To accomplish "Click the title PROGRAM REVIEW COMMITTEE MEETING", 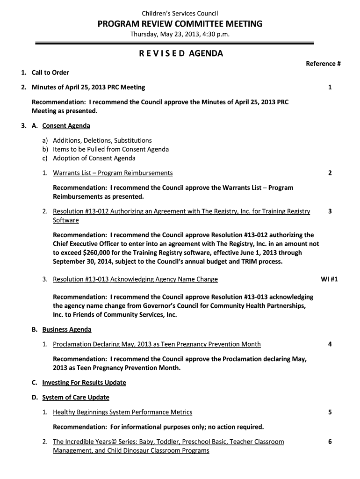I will click(x=180, y=24).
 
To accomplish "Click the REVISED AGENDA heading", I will click(x=180, y=53).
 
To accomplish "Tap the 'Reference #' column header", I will click(x=323, y=64).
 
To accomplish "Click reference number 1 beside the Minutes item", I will click(x=330, y=87).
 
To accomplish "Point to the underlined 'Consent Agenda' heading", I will click(x=66, y=126).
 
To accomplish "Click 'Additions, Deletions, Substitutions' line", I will click(x=102, y=140).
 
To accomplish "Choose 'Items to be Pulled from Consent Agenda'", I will click(x=111, y=149).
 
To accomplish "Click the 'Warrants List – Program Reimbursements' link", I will click(x=113, y=173).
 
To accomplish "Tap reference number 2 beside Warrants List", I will click(x=330, y=173).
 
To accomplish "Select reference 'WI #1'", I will click(x=329, y=279).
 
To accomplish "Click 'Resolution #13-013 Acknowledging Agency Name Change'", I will click(x=135, y=279).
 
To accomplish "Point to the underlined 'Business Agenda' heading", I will click(x=67, y=329).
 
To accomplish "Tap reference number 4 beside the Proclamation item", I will click(x=330, y=344).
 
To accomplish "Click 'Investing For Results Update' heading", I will click(x=84, y=383).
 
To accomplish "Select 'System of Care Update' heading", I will click(x=76, y=398).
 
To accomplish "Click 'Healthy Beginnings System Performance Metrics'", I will click(x=122, y=412).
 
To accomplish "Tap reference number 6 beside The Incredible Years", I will click(x=330, y=442).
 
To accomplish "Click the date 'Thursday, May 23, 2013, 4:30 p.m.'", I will click(x=180, y=35).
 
